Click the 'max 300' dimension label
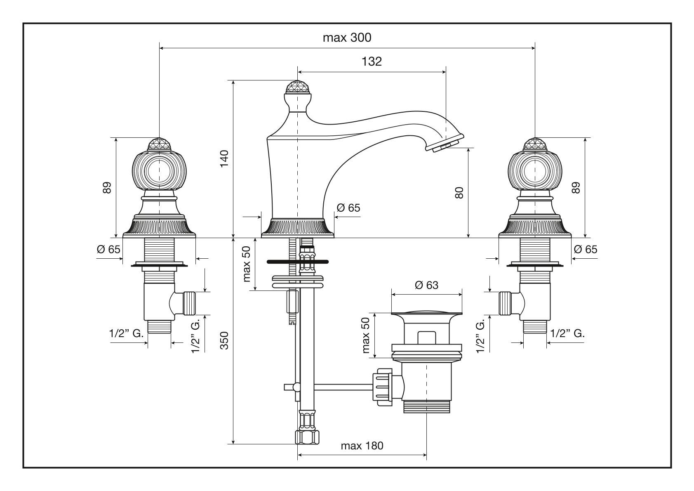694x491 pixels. tap(347, 38)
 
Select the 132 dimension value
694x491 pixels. tap(372, 61)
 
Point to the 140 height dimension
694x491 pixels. tap(224, 158)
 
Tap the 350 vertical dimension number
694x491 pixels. tap(224, 340)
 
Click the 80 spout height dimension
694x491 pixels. tap(459, 193)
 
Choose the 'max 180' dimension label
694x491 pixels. tap(362, 446)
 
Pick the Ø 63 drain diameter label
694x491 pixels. tap(426, 285)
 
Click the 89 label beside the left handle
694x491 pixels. tap(107, 188)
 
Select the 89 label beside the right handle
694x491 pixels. tap(576, 188)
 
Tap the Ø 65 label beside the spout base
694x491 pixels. tap(348, 208)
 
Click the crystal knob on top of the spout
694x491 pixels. tap(297, 87)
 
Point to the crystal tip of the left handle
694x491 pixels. tap(159, 144)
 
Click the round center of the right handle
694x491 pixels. tap(535, 170)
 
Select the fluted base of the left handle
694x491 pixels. tap(159, 227)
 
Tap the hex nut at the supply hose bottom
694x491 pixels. tap(308, 437)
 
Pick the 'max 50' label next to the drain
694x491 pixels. tap(366, 335)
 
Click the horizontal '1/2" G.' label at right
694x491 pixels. tap(567, 333)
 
